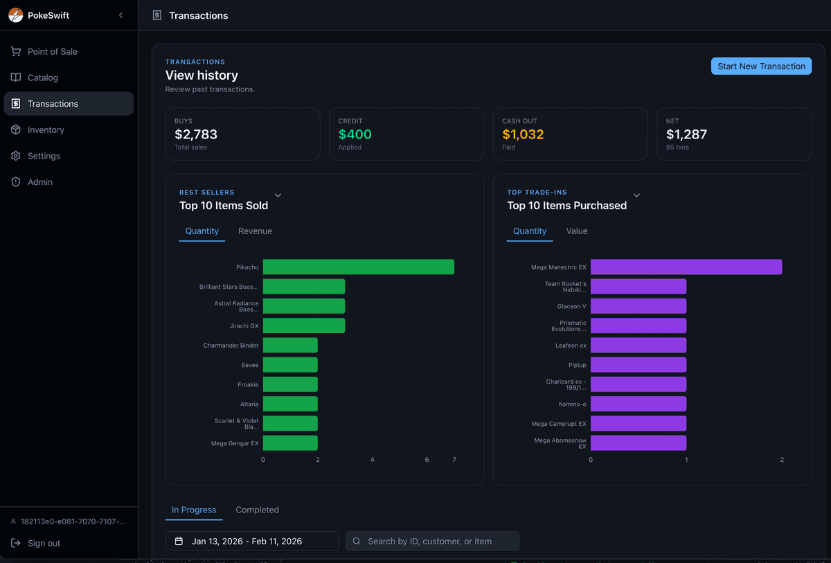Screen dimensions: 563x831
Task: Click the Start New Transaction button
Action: click(x=761, y=66)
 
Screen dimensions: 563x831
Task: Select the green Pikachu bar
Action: click(x=358, y=267)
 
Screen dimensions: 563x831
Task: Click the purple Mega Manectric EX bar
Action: click(x=686, y=267)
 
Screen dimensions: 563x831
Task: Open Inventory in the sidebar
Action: click(x=46, y=129)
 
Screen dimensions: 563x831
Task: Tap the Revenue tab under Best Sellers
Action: click(x=255, y=231)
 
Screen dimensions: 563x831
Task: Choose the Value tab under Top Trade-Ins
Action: click(x=576, y=231)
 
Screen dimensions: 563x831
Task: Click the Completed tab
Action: click(x=257, y=510)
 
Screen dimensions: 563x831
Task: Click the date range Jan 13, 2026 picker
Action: click(x=251, y=541)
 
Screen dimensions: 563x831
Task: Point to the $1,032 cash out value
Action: click(x=523, y=134)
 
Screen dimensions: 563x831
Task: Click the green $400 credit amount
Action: click(x=355, y=134)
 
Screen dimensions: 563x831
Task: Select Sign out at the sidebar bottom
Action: click(x=44, y=543)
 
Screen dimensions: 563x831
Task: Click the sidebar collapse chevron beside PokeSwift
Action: click(x=120, y=15)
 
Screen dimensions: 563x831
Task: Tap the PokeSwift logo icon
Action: click(x=15, y=15)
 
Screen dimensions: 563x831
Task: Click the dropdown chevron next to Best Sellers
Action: click(x=278, y=196)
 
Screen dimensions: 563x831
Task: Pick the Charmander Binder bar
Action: click(x=290, y=345)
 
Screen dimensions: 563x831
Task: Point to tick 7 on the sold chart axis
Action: click(x=454, y=460)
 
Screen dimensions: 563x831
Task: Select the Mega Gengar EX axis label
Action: click(x=235, y=443)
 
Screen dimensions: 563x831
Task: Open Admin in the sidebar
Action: click(x=40, y=181)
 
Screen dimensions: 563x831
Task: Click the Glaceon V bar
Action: click(x=638, y=306)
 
